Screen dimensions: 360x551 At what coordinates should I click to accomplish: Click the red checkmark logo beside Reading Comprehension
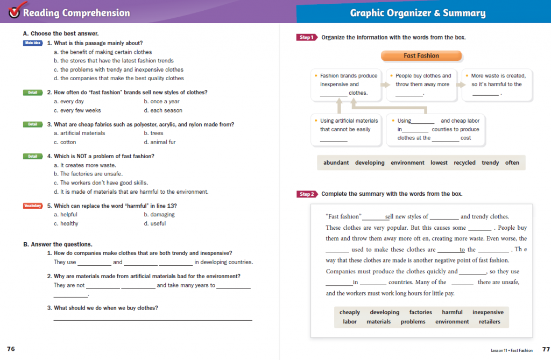[x=11, y=11]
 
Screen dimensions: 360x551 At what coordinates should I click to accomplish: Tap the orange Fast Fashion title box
[x=421, y=55]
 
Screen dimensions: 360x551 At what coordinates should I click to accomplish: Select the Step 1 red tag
[x=306, y=38]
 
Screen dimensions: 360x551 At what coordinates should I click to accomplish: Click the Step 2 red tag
[x=306, y=194]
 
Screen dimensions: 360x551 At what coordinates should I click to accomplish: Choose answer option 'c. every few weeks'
[x=77, y=110]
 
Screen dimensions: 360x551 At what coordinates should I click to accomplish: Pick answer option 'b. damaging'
[x=159, y=214]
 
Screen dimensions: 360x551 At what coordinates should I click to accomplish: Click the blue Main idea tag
[x=33, y=43]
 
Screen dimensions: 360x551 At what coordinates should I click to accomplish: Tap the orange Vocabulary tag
[x=33, y=206]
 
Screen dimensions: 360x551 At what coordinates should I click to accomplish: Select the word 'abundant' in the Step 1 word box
[x=336, y=163]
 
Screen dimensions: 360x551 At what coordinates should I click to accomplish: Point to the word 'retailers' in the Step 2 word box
[x=489, y=322]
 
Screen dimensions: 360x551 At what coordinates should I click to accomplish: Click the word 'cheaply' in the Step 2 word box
[x=350, y=312]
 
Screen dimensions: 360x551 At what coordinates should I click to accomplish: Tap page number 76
[x=11, y=349]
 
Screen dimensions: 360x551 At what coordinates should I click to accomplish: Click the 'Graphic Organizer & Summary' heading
[x=418, y=13]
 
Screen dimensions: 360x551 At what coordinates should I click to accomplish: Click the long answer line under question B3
[x=153, y=320]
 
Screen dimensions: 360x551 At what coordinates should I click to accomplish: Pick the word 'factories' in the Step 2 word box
[x=420, y=312]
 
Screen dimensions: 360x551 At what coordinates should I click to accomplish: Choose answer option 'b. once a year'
[x=161, y=101]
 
